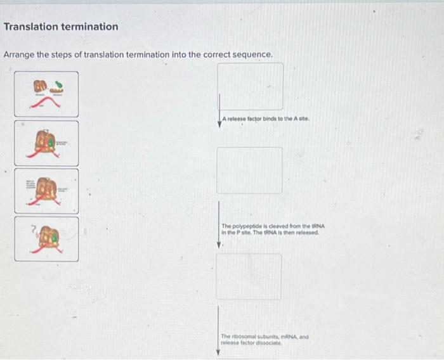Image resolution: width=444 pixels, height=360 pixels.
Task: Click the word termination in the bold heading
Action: click(x=89, y=27)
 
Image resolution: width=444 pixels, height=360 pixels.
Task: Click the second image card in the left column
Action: click(x=47, y=142)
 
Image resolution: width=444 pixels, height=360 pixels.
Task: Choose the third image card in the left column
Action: click(x=47, y=190)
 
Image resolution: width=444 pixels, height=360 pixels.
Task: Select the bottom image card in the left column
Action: click(x=47, y=239)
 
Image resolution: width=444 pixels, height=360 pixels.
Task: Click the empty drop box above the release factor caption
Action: click(x=251, y=86)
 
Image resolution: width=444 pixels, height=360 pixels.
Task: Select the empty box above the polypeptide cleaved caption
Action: click(x=249, y=170)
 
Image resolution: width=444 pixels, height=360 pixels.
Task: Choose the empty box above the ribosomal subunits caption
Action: click(x=249, y=276)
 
